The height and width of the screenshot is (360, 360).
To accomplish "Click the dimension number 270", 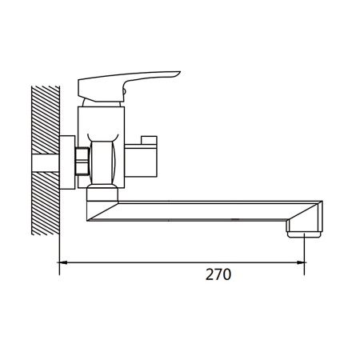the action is (218, 274).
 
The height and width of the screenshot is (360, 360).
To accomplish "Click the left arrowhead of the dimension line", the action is (62, 262).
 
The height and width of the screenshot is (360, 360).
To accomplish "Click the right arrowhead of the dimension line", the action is (301, 262).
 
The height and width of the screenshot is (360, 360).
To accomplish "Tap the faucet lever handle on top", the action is (126, 86).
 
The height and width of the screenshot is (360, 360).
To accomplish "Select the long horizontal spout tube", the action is (202, 210).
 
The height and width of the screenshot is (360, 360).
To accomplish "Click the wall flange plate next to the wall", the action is (67, 162).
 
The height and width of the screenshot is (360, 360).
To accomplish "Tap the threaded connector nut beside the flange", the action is (82, 161).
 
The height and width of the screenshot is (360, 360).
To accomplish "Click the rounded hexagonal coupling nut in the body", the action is (103, 162).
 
